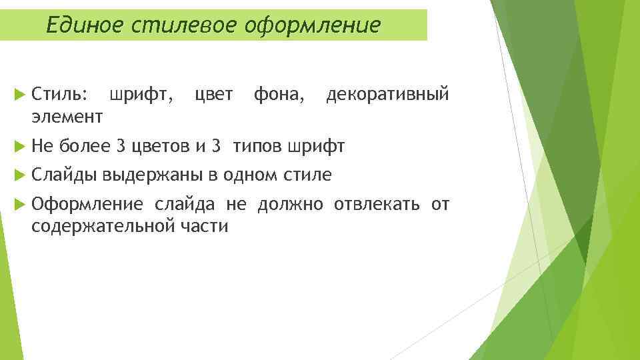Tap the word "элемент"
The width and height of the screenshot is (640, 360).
coord(67,117)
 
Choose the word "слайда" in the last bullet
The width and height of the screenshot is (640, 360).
coord(185,204)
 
